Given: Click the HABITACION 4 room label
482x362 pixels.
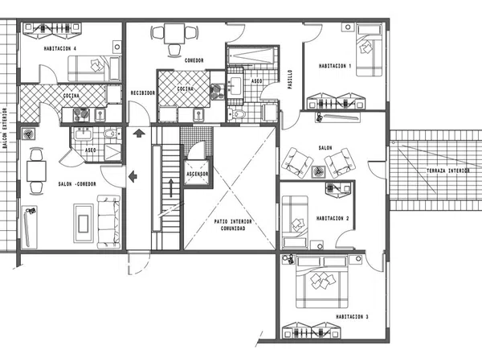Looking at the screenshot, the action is point(60,48).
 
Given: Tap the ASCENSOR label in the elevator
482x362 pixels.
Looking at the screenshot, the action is point(198,174).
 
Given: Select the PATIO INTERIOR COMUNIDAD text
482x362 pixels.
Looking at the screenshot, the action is point(233,224).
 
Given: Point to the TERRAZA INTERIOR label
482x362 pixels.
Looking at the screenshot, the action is point(448,171).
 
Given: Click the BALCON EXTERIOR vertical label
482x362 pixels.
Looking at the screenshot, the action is point(5,128).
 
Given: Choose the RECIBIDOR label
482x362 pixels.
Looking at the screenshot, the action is point(143,93).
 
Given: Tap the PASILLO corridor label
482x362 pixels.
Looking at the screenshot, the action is point(290,80).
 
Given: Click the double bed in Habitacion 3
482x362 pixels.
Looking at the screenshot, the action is point(322,282).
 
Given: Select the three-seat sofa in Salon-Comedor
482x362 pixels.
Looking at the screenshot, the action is point(108,222).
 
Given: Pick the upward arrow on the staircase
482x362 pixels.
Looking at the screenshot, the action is point(170,187).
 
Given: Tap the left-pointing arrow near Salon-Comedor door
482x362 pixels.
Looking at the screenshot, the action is point(133,176).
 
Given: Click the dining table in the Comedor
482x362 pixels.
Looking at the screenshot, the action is point(174,33).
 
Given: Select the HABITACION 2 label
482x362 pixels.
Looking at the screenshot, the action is point(333,218).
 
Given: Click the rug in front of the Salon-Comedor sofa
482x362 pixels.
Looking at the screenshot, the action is point(84,223).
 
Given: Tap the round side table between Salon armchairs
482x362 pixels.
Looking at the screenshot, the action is point(318,171).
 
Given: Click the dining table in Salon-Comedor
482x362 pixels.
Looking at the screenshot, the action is point(36,171).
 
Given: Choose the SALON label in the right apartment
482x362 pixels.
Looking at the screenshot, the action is point(325,148).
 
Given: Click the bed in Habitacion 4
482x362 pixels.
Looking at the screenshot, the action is point(94,68).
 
